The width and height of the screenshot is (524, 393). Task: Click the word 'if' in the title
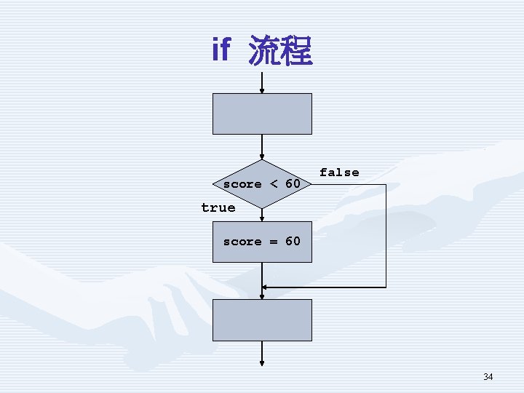tap(221, 49)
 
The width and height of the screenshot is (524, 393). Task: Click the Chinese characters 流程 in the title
tap(280, 51)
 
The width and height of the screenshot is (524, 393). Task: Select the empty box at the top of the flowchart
tap(262, 114)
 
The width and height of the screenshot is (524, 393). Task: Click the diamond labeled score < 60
tap(262, 184)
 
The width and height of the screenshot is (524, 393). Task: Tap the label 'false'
tap(339, 172)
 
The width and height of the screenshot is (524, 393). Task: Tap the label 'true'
tap(218, 207)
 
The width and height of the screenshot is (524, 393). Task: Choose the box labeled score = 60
tap(262, 242)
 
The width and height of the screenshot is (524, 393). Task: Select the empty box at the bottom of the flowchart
tap(262, 320)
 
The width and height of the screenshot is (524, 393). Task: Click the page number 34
tap(488, 377)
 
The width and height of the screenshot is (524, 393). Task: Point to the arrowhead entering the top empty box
tap(262, 90)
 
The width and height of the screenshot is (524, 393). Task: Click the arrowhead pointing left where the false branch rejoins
tap(266, 287)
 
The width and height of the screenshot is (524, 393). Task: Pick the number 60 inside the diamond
tap(293, 184)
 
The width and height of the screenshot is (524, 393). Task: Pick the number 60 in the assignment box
tap(293, 241)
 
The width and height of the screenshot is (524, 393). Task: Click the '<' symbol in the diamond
tap(274, 184)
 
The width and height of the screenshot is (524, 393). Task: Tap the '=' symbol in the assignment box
tap(274, 241)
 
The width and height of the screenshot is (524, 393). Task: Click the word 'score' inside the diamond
tap(242, 184)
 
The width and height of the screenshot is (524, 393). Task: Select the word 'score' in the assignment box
tap(242, 242)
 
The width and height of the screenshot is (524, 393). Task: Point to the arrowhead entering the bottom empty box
tap(262, 295)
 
